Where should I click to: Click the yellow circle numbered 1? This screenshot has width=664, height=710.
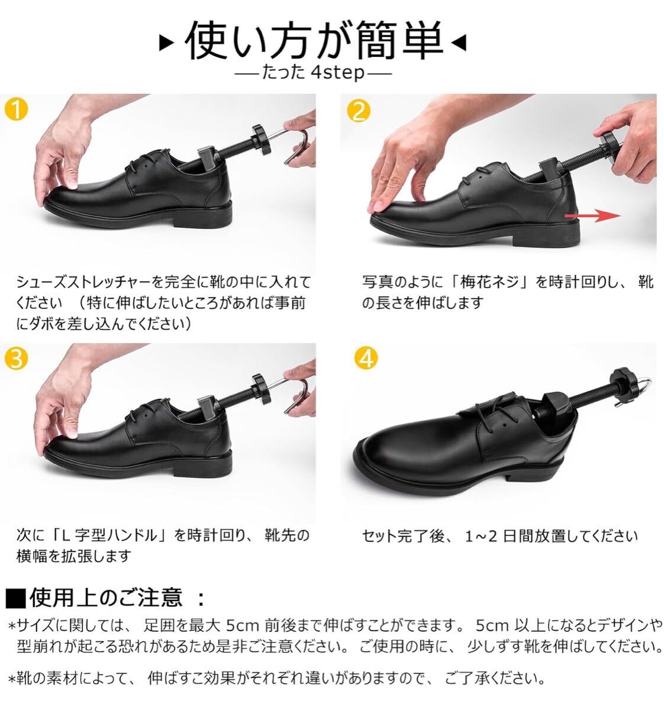pos(17,109)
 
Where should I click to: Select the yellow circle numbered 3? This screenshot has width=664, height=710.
pos(17,359)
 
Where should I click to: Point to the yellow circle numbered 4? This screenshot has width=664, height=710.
pos(366,359)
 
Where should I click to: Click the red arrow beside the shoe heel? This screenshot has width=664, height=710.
pos(592,215)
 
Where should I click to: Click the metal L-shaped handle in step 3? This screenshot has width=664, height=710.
pos(293,393)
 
